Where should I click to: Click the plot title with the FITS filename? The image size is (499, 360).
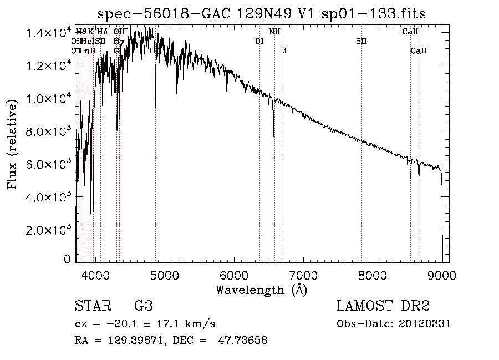261,13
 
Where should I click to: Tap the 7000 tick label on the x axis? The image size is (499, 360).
303,275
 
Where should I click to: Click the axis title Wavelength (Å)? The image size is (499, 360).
261,290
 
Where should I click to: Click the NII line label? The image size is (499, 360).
274,32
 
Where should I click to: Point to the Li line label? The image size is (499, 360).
283,50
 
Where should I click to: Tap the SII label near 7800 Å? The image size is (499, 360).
361,41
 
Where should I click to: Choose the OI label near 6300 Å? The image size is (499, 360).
259,41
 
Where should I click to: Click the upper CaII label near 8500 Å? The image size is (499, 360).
410,32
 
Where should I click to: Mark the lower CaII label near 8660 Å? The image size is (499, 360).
419,50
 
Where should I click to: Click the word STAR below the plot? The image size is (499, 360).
90,307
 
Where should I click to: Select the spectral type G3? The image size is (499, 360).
143,307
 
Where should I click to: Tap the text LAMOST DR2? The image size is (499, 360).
383,307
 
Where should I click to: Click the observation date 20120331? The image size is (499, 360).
426,324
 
